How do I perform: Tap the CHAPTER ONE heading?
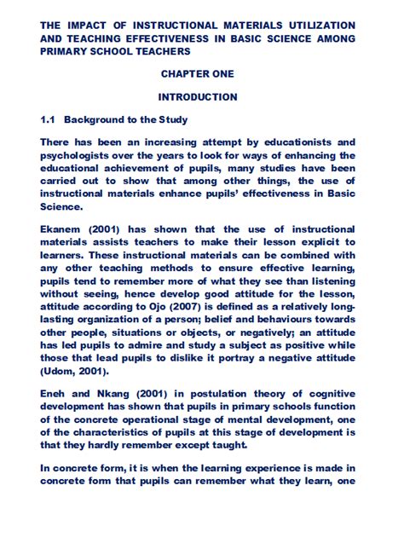197,74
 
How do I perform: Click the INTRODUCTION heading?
197,97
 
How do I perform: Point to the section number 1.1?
48,119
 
